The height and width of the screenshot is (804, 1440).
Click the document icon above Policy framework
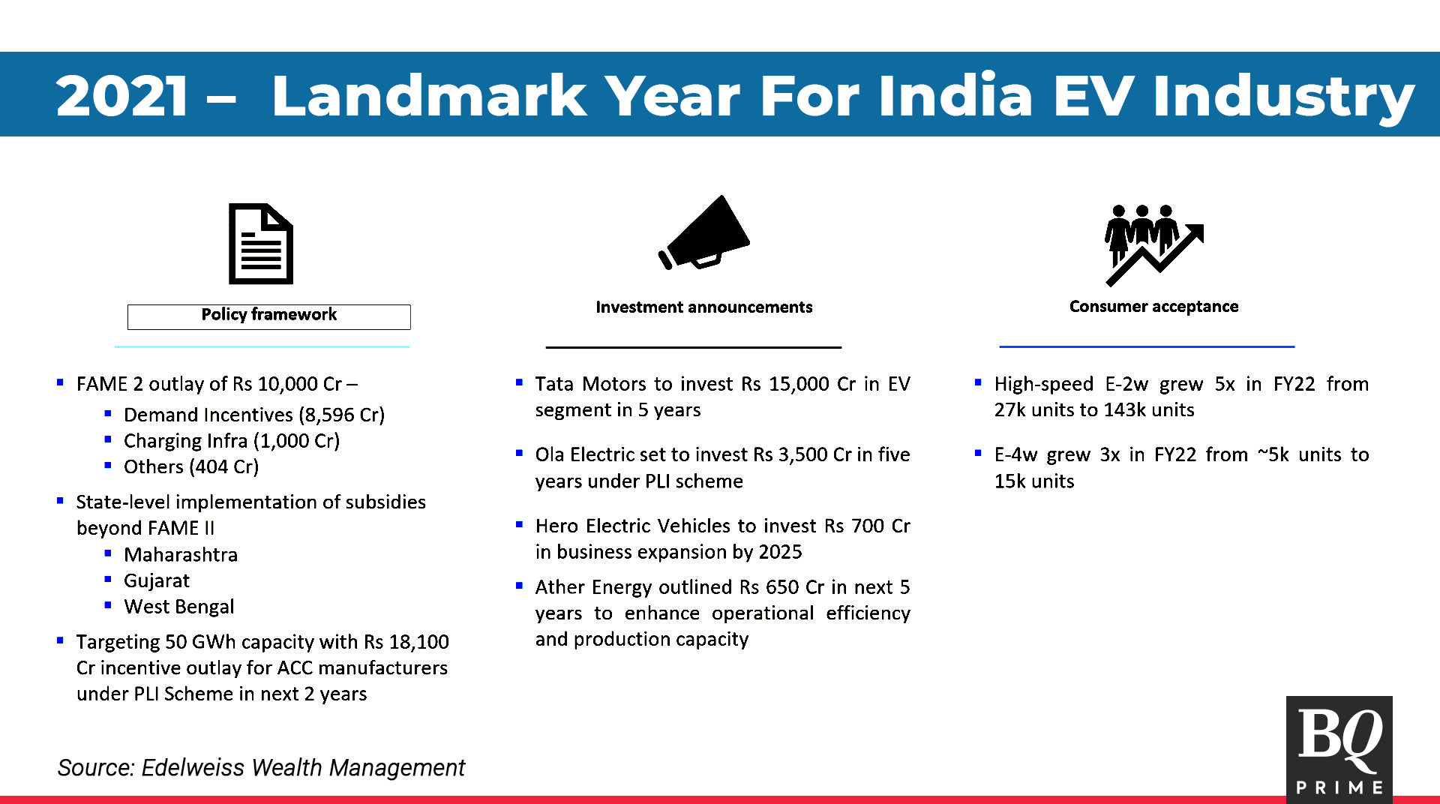click(260, 244)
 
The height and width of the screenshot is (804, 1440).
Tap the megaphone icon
click(703, 232)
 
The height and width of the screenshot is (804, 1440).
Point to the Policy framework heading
click(269, 315)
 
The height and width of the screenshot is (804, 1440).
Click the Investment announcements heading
click(703, 307)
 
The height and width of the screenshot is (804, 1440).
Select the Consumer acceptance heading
click(1153, 307)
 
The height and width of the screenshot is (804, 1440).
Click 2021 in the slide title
click(122, 96)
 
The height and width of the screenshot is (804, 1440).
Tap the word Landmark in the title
click(430, 96)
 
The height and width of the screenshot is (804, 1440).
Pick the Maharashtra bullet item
click(181, 555)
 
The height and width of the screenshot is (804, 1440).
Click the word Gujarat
click(157, 581)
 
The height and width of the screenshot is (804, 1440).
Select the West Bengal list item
click(179, 607)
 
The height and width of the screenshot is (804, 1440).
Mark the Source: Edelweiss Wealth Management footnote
click(261, 768)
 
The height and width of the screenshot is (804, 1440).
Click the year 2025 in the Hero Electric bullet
click(780, 552)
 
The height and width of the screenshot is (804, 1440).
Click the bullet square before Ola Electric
click(519, 453)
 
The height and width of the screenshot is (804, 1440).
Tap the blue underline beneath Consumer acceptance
click(1147, 346)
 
